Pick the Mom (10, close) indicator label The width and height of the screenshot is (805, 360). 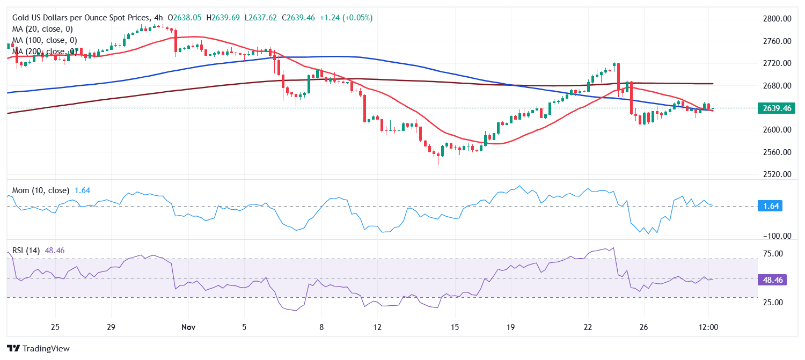click(40, 190)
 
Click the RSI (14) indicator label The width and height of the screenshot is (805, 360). click(26, 250)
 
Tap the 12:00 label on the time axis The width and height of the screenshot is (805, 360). click(708, 327)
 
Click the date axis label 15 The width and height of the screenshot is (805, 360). click(455, 327)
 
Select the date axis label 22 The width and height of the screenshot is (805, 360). click(588, 327)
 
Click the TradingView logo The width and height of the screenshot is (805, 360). click(39, 348)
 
